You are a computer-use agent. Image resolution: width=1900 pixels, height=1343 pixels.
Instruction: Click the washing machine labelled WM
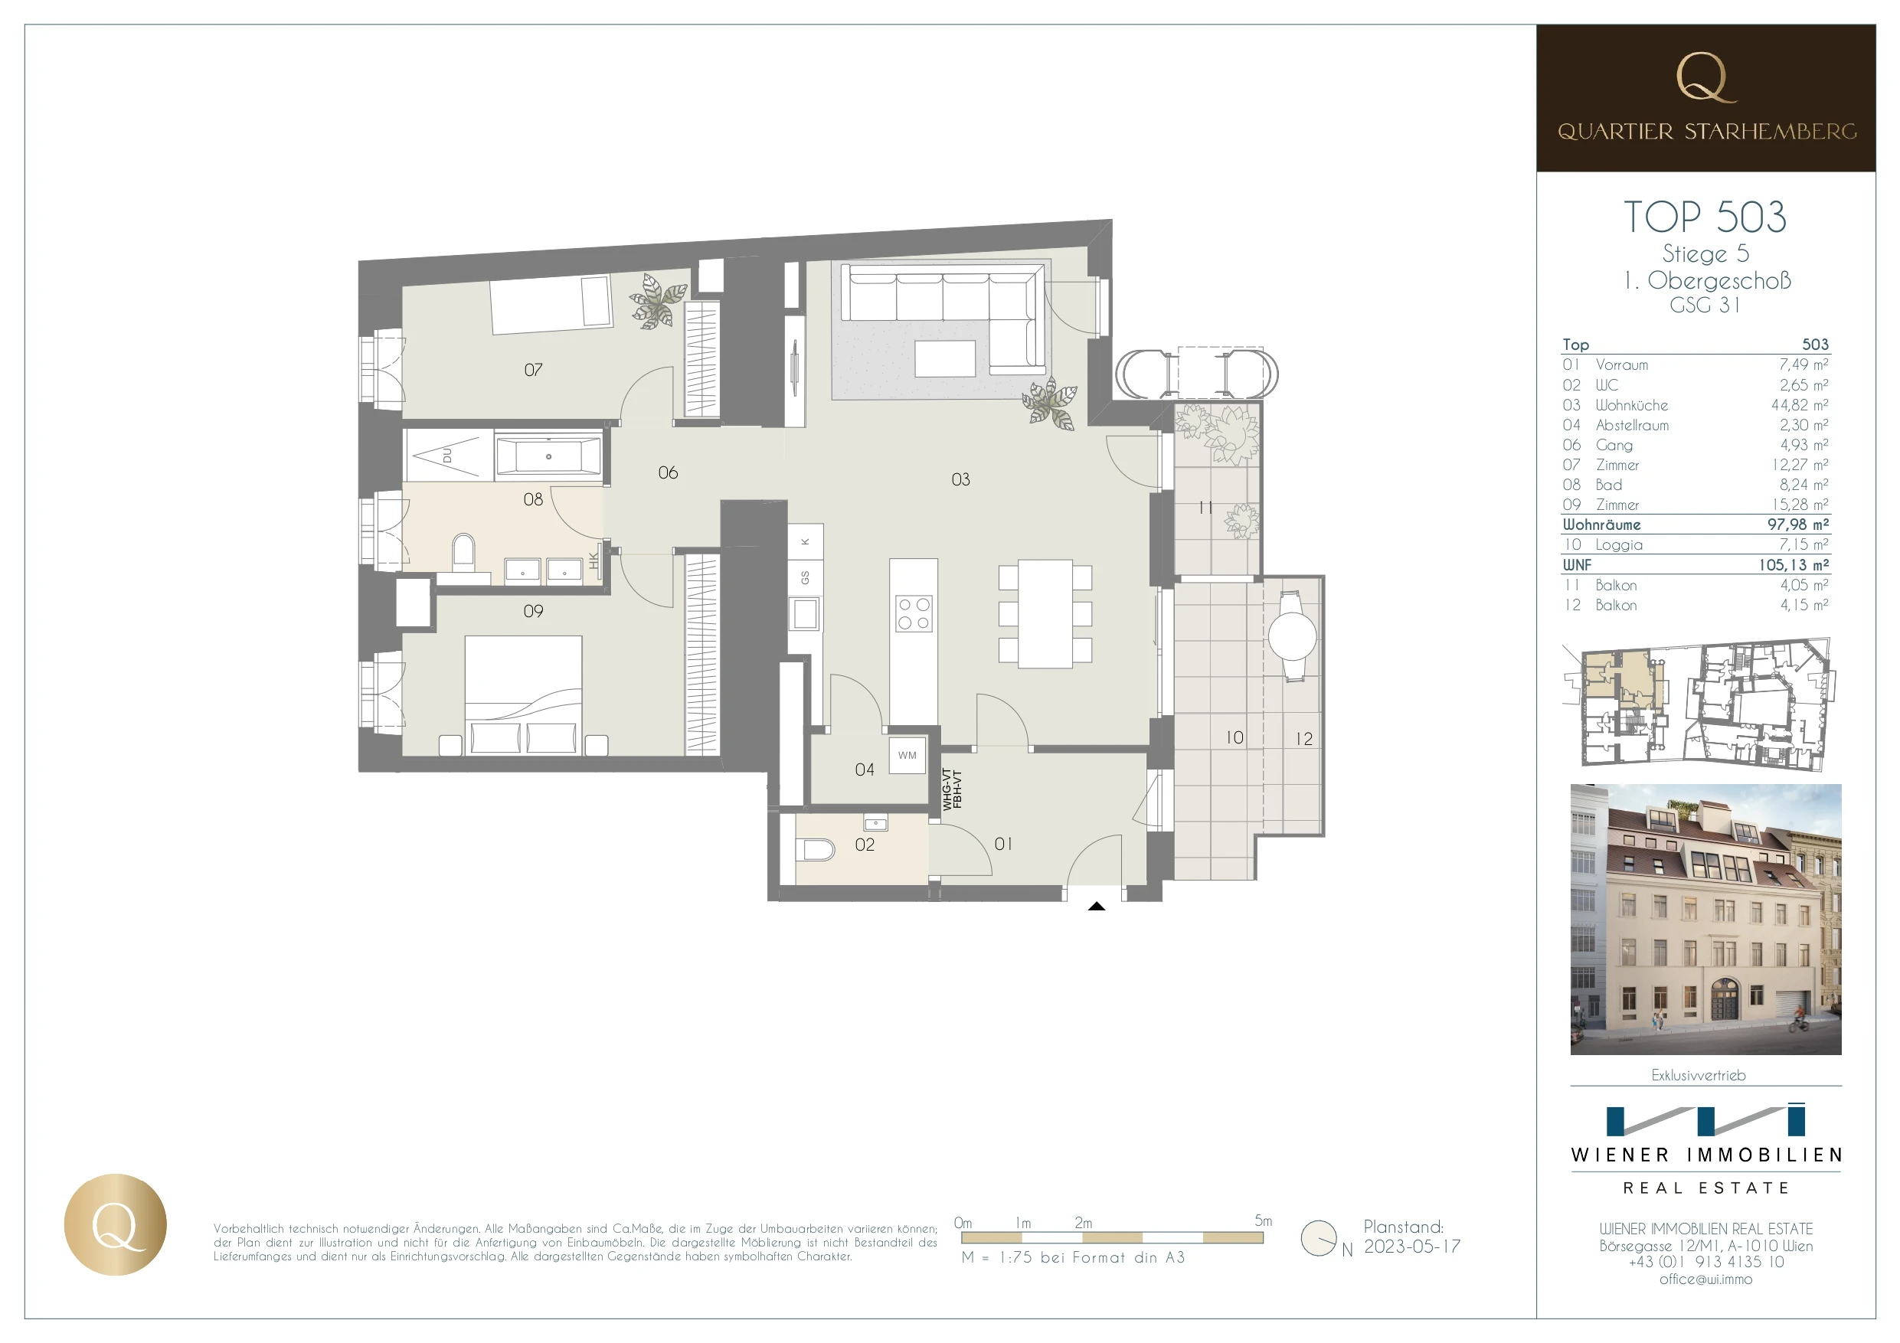click(x=907, y=756)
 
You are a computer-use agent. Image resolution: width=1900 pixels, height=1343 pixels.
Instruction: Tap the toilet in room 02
click(x=819, y=850)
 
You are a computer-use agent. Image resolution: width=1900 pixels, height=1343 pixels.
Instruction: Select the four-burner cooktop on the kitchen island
click(x=914, y=613)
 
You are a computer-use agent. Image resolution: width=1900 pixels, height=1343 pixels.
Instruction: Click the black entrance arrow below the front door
click(x=1097, y=906)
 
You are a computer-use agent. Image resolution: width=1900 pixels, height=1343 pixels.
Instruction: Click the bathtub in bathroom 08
click(x=548, y=456)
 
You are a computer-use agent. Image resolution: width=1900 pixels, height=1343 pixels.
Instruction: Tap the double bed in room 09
click(x=523, y=695)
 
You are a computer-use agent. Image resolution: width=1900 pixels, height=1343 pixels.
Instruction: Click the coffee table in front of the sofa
click(x=945, y=358)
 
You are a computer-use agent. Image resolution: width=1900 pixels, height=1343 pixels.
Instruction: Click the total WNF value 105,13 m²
click(x=1794, y=565)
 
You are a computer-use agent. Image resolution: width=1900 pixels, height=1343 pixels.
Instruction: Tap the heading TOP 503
click(x=1705, y=217)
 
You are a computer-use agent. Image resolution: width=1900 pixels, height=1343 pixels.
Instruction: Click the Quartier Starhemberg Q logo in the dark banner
click(x=1705, y=78)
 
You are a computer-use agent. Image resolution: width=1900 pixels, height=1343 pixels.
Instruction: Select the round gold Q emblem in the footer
click(x=115, y=1224)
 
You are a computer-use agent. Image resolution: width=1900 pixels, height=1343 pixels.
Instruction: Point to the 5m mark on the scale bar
click(x=1263, y=1221)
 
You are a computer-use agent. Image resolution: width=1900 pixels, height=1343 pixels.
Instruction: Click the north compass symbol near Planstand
click(x=1319, y=1238)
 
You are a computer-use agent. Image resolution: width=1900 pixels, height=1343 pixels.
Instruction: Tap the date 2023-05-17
click(x=1413, y=1247)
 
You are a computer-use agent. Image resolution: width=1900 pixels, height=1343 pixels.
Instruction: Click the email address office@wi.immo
click(x=1705, y=1279)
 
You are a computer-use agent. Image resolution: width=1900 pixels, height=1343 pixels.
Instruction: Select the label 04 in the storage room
click(x=864, y=770)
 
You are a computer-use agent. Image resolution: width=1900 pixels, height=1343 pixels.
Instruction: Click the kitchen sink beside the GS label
click(x=805, y=614)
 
